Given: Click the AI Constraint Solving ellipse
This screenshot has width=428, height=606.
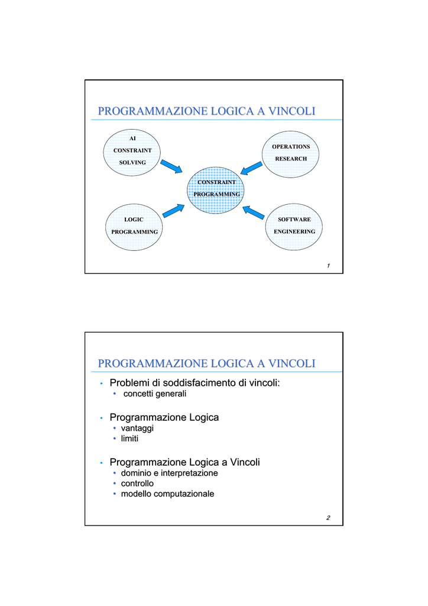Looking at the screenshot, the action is (132, 153).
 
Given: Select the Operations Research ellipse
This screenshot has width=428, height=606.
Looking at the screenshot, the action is (291, 154).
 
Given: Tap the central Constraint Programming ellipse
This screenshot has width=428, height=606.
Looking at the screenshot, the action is (216, 190).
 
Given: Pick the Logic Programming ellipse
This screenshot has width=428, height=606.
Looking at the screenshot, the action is (134, 227).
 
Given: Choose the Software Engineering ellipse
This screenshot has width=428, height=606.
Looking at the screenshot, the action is (294, 227).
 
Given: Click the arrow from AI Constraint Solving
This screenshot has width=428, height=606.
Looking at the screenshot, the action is (171, 166).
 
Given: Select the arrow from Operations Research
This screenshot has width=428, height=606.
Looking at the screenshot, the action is (251, 168).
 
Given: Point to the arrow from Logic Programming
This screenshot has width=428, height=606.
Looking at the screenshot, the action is (174, 211).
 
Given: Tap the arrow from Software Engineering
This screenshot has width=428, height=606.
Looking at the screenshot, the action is (254, 212).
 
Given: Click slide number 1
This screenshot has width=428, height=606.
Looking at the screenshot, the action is (329, 266).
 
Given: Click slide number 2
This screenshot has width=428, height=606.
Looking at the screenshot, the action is (328, 517).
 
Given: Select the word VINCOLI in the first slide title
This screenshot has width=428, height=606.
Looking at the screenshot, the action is (292, 111).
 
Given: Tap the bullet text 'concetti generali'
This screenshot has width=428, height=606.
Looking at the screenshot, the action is (155, 394).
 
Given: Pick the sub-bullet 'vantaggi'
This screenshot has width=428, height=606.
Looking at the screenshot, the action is (137, 428).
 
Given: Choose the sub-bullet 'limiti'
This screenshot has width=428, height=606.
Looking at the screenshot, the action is (129, 439).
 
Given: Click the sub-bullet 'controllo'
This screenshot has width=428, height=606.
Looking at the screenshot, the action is (137, 483).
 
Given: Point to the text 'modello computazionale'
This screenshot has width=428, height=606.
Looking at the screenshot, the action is (167, 494).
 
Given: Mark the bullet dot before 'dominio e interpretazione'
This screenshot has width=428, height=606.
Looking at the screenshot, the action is (115, 473).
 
